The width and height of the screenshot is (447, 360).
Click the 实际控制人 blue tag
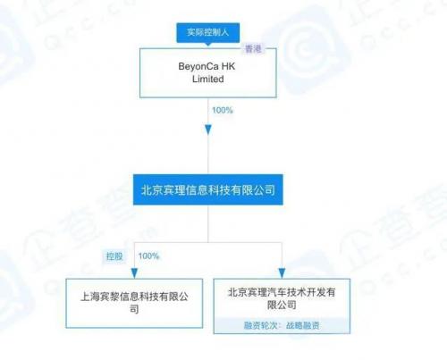[208, 32]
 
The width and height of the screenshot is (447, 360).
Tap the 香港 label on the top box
[253, 49]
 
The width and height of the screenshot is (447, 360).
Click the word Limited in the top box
[208, 80]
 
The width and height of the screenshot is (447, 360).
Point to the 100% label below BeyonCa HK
[223, 111]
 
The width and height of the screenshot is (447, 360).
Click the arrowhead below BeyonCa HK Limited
[208, 130]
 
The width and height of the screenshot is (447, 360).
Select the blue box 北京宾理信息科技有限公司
[208, 189]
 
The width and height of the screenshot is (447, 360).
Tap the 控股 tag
[114, 256]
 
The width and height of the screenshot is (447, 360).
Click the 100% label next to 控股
[148, 256]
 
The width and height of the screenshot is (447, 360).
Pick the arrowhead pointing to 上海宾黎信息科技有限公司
[134, 273]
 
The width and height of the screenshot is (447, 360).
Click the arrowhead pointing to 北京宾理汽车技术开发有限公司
[282, 273]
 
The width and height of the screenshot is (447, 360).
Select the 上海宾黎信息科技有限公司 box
[134, 304]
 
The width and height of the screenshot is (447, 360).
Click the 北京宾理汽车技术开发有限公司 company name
[282, 298]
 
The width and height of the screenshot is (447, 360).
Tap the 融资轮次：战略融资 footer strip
[282, 325]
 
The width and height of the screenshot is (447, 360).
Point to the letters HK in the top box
[228, 66]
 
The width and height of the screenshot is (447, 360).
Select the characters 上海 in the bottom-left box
[89, 297]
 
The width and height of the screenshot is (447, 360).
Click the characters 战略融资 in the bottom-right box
[303, 325]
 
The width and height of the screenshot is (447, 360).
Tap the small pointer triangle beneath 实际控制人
[208, 45]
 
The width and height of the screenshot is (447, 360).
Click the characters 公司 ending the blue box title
[265, 190]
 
